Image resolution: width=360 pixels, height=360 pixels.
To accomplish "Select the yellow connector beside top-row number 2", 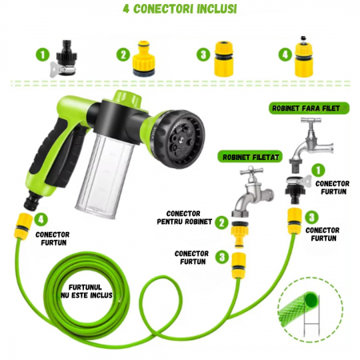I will point(149,55).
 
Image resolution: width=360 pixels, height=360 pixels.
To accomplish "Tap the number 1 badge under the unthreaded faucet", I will point(318,170).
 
